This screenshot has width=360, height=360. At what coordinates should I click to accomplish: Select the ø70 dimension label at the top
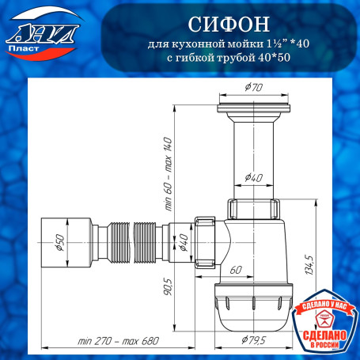pyautogui.click(x=253, y=88)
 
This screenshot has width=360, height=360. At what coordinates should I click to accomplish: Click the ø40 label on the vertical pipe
pyautogui.click(x=253, y=176)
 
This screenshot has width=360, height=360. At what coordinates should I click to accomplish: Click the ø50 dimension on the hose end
pyautogui.click(x=58, y=244)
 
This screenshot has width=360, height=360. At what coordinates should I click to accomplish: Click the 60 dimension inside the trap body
pyautogui.click(x=236, y=270)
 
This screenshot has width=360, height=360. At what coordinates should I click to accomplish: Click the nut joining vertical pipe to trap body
pyautogui.click(x=253, y=209)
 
